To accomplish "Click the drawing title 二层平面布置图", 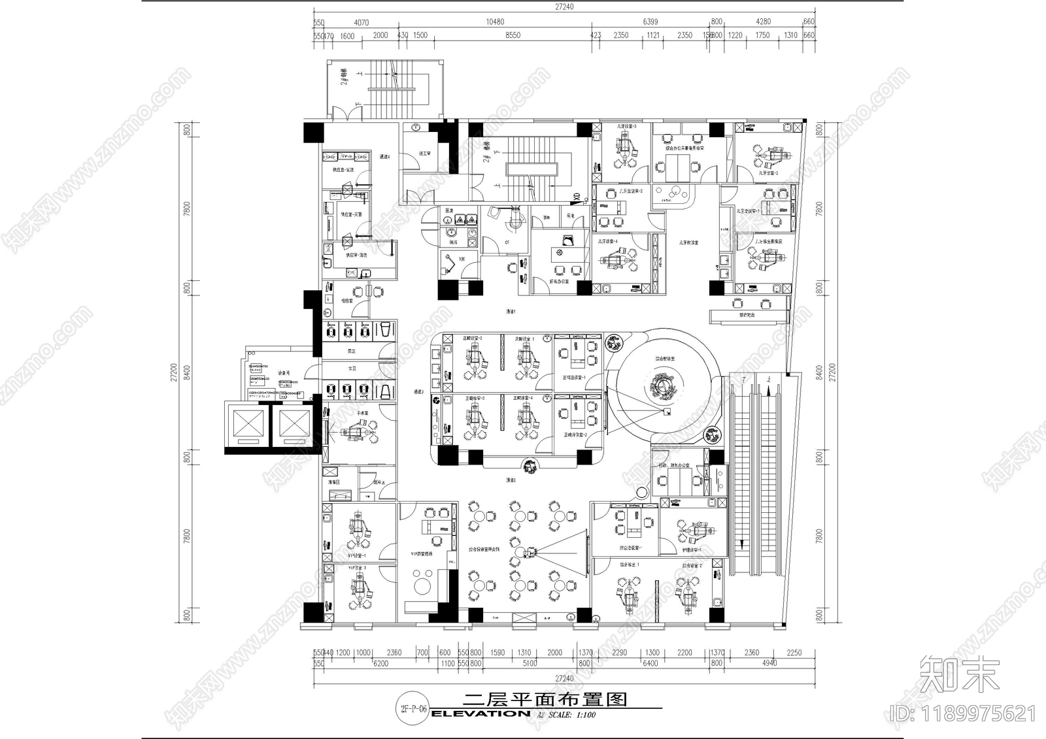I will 545,700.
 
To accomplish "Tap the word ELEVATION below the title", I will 481,714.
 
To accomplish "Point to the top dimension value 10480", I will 495,22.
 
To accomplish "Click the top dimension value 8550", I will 513,35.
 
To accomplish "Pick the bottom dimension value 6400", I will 650,663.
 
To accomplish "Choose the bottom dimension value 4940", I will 769,663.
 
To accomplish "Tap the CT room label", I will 507,242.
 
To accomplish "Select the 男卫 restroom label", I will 352,352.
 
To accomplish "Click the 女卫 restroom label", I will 352,369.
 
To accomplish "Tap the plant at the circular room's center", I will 662,387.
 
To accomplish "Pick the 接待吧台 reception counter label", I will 747,315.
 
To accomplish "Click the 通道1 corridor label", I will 511,312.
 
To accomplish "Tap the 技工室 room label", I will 424,154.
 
